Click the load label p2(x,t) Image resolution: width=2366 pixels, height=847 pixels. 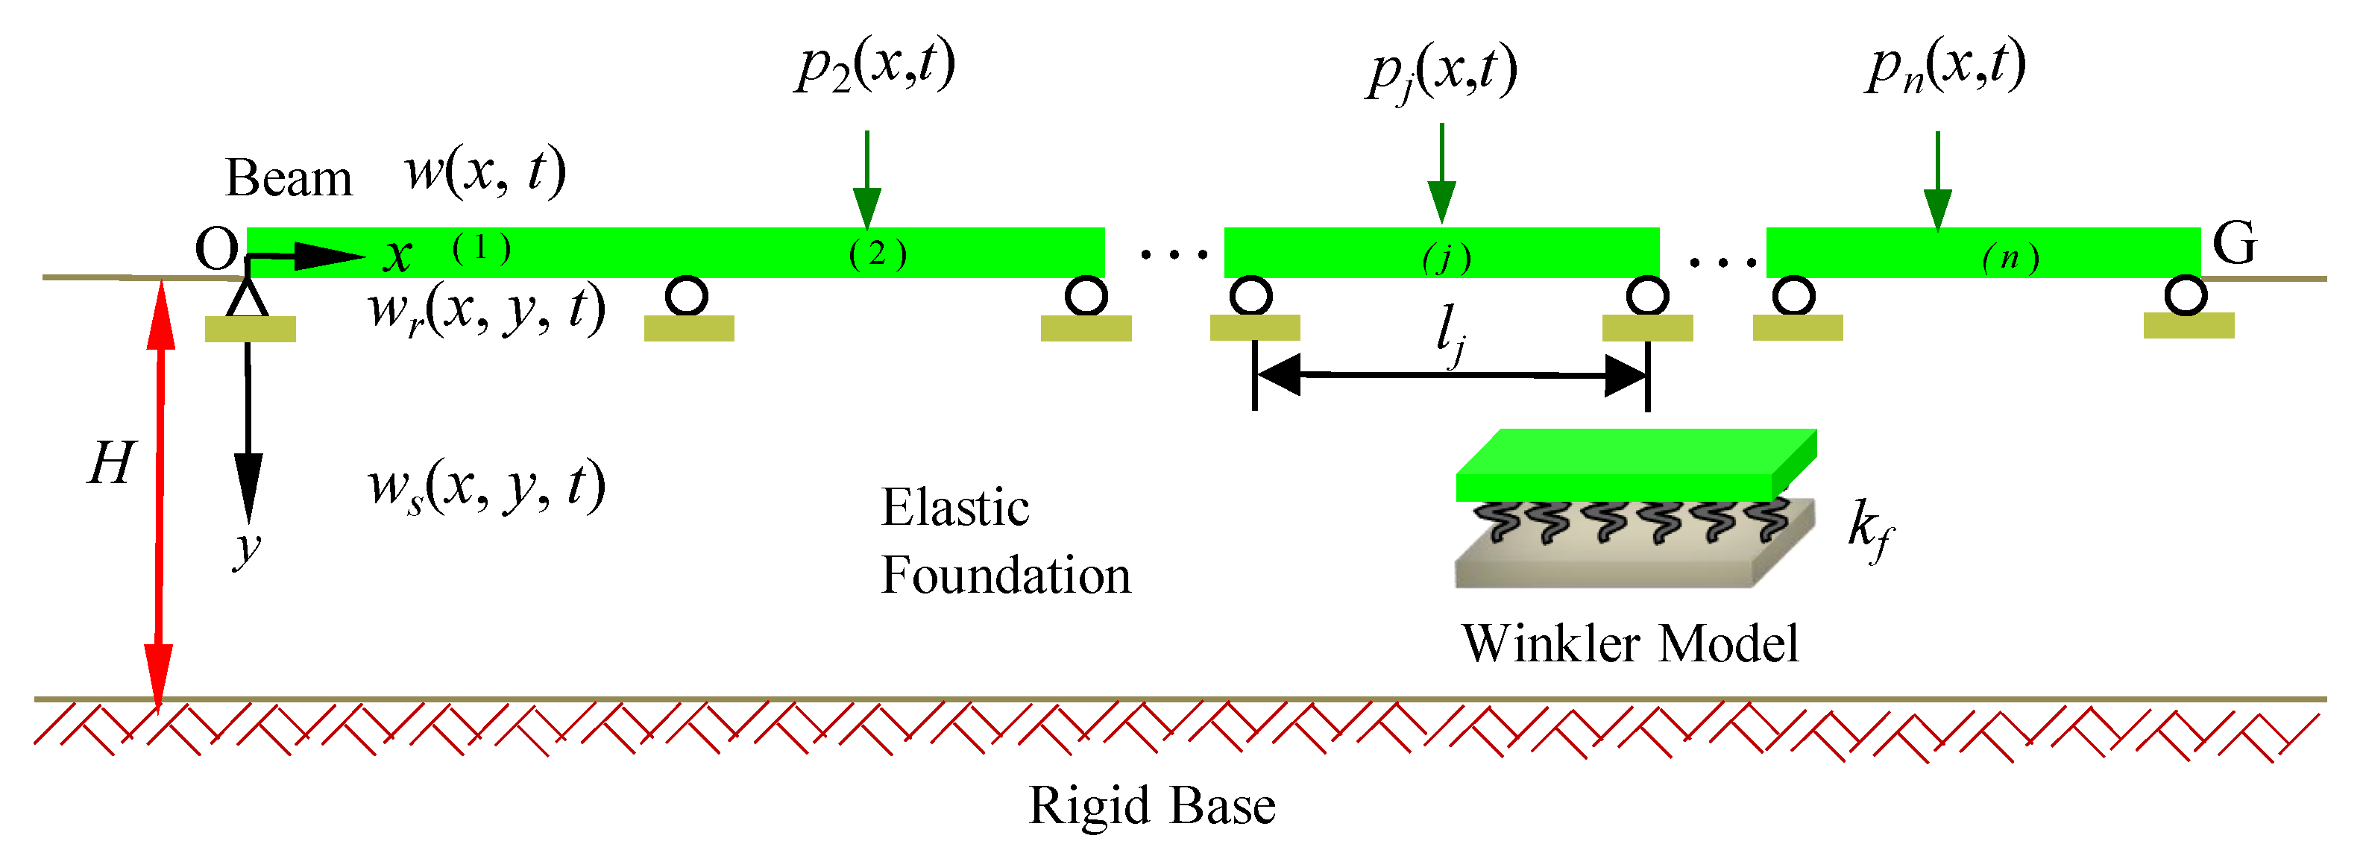coord(875,66)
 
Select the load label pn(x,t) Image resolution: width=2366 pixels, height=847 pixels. coord(1945,66)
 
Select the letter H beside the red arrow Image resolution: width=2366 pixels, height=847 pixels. coord(111,462)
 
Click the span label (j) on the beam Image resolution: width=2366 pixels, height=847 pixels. coord(1447,258)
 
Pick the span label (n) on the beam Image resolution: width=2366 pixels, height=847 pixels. coord(2010,257)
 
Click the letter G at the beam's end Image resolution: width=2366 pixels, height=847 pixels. coord(2234,244)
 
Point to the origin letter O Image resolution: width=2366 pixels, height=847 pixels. coord(217,249)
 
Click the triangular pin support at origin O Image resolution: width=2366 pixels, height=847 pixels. coord(247,297)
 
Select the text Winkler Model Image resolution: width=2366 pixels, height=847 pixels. coord(1630,643)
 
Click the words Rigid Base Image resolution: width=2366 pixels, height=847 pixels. coord(1152,806)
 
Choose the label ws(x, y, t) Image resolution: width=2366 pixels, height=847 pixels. coord(487,486)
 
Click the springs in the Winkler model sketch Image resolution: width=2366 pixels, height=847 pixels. coord(1633,522)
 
